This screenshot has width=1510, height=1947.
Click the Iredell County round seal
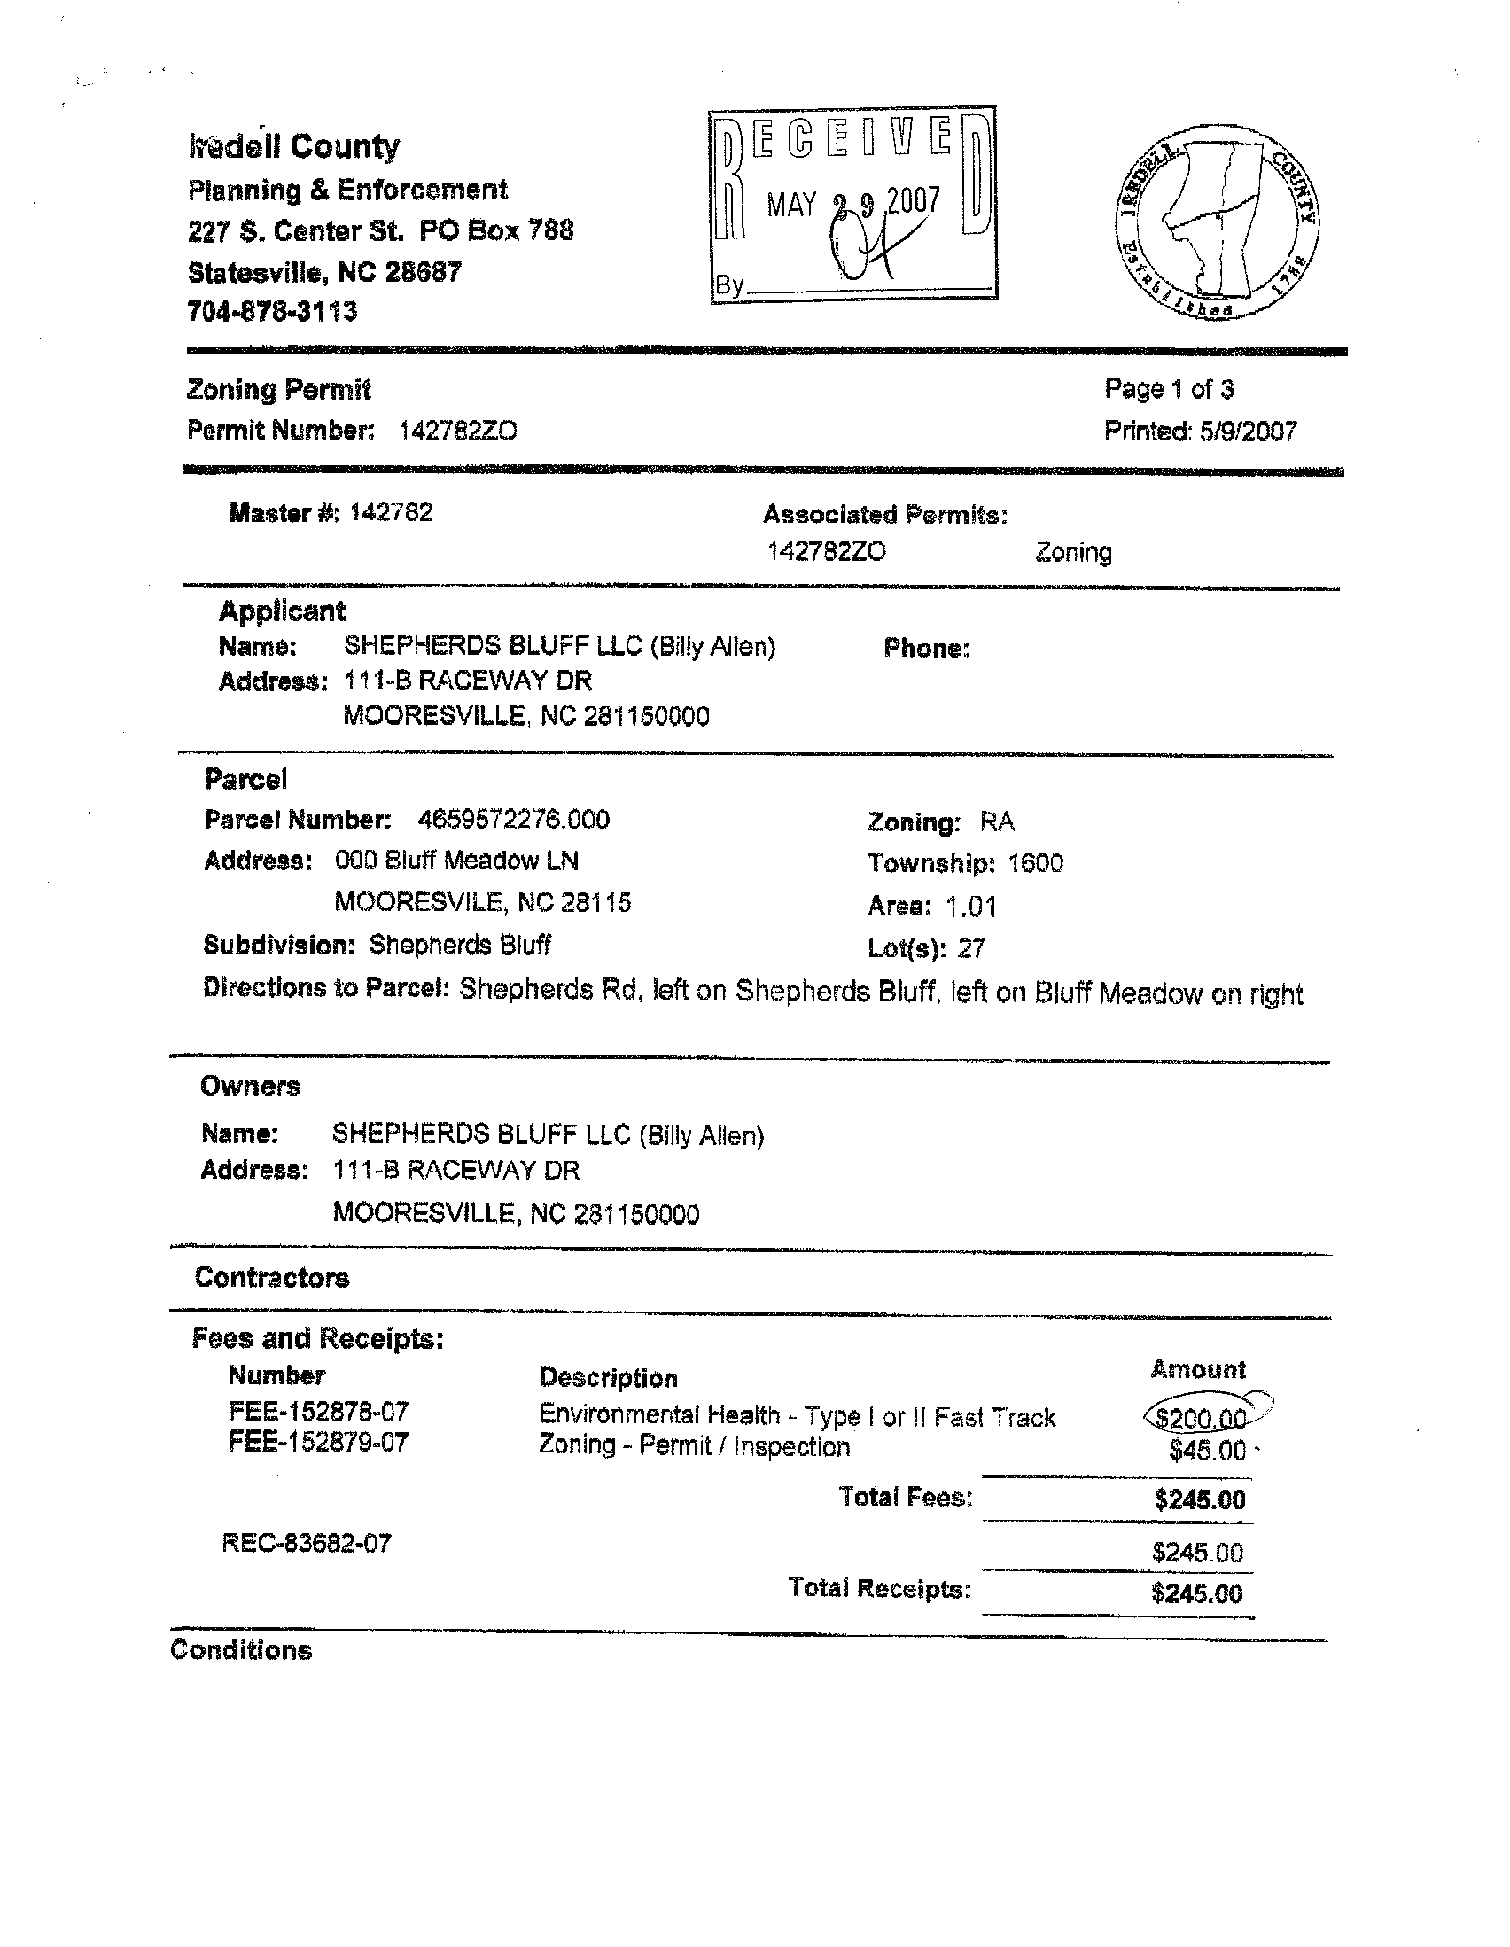[x=1217, y=222]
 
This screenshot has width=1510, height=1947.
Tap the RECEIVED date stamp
[x=853, y=205]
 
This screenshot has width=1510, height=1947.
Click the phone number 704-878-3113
[x=273, y=312]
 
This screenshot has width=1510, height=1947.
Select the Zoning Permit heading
[x=279, y=390]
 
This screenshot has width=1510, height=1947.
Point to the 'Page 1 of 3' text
[x=1169, y=389]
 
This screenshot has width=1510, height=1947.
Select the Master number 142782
[x=392, y=512]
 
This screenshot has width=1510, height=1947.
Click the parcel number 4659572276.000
[x=513, y=819]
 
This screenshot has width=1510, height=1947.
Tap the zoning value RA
[x=997, y=821]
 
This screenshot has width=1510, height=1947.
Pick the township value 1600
[x=1036, y=863]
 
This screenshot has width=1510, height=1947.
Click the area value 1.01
[x=970, y=907]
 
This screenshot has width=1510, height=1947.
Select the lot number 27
[x=971, y=948]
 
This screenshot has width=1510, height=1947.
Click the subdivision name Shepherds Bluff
[x=460, y=945]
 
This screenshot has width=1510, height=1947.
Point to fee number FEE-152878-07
[x=318, y=1412]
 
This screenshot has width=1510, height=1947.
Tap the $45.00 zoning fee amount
[x=1207, y=1451]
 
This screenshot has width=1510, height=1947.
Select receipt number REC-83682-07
[x=307, y=1543]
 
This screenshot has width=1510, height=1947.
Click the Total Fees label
[x=905, y=1497]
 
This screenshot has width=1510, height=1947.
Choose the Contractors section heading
[x=272, y=1278]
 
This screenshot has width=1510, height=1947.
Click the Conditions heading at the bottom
[x=241, y=1650]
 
